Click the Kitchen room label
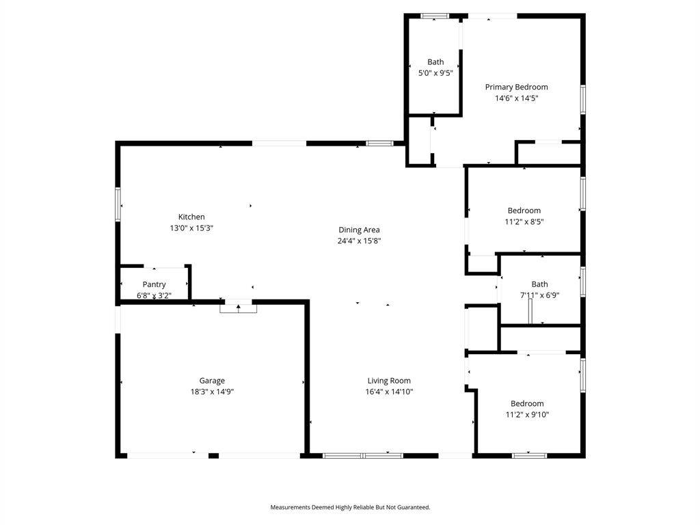(191, 217)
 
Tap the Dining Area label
(359, 230)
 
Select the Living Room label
(389, 381)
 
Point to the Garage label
(212, 381)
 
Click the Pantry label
(154, 284)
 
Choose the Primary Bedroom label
(517, 87)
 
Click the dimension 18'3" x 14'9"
(212, 392)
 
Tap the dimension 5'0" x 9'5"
(435, 73)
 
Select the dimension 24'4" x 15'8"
(359, 241)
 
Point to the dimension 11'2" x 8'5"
(524, 222)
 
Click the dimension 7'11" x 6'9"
(540, 295)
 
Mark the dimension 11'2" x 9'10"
(527, 415)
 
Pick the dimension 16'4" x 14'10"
(389, 392)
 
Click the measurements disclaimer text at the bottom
(350, 507)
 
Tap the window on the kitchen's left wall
(118, 204)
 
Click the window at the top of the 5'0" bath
(435, 16)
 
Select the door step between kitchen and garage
(239, 308)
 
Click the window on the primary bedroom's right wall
(582, 99)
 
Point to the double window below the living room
(363, 456)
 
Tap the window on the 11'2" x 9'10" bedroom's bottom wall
(530, 456)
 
